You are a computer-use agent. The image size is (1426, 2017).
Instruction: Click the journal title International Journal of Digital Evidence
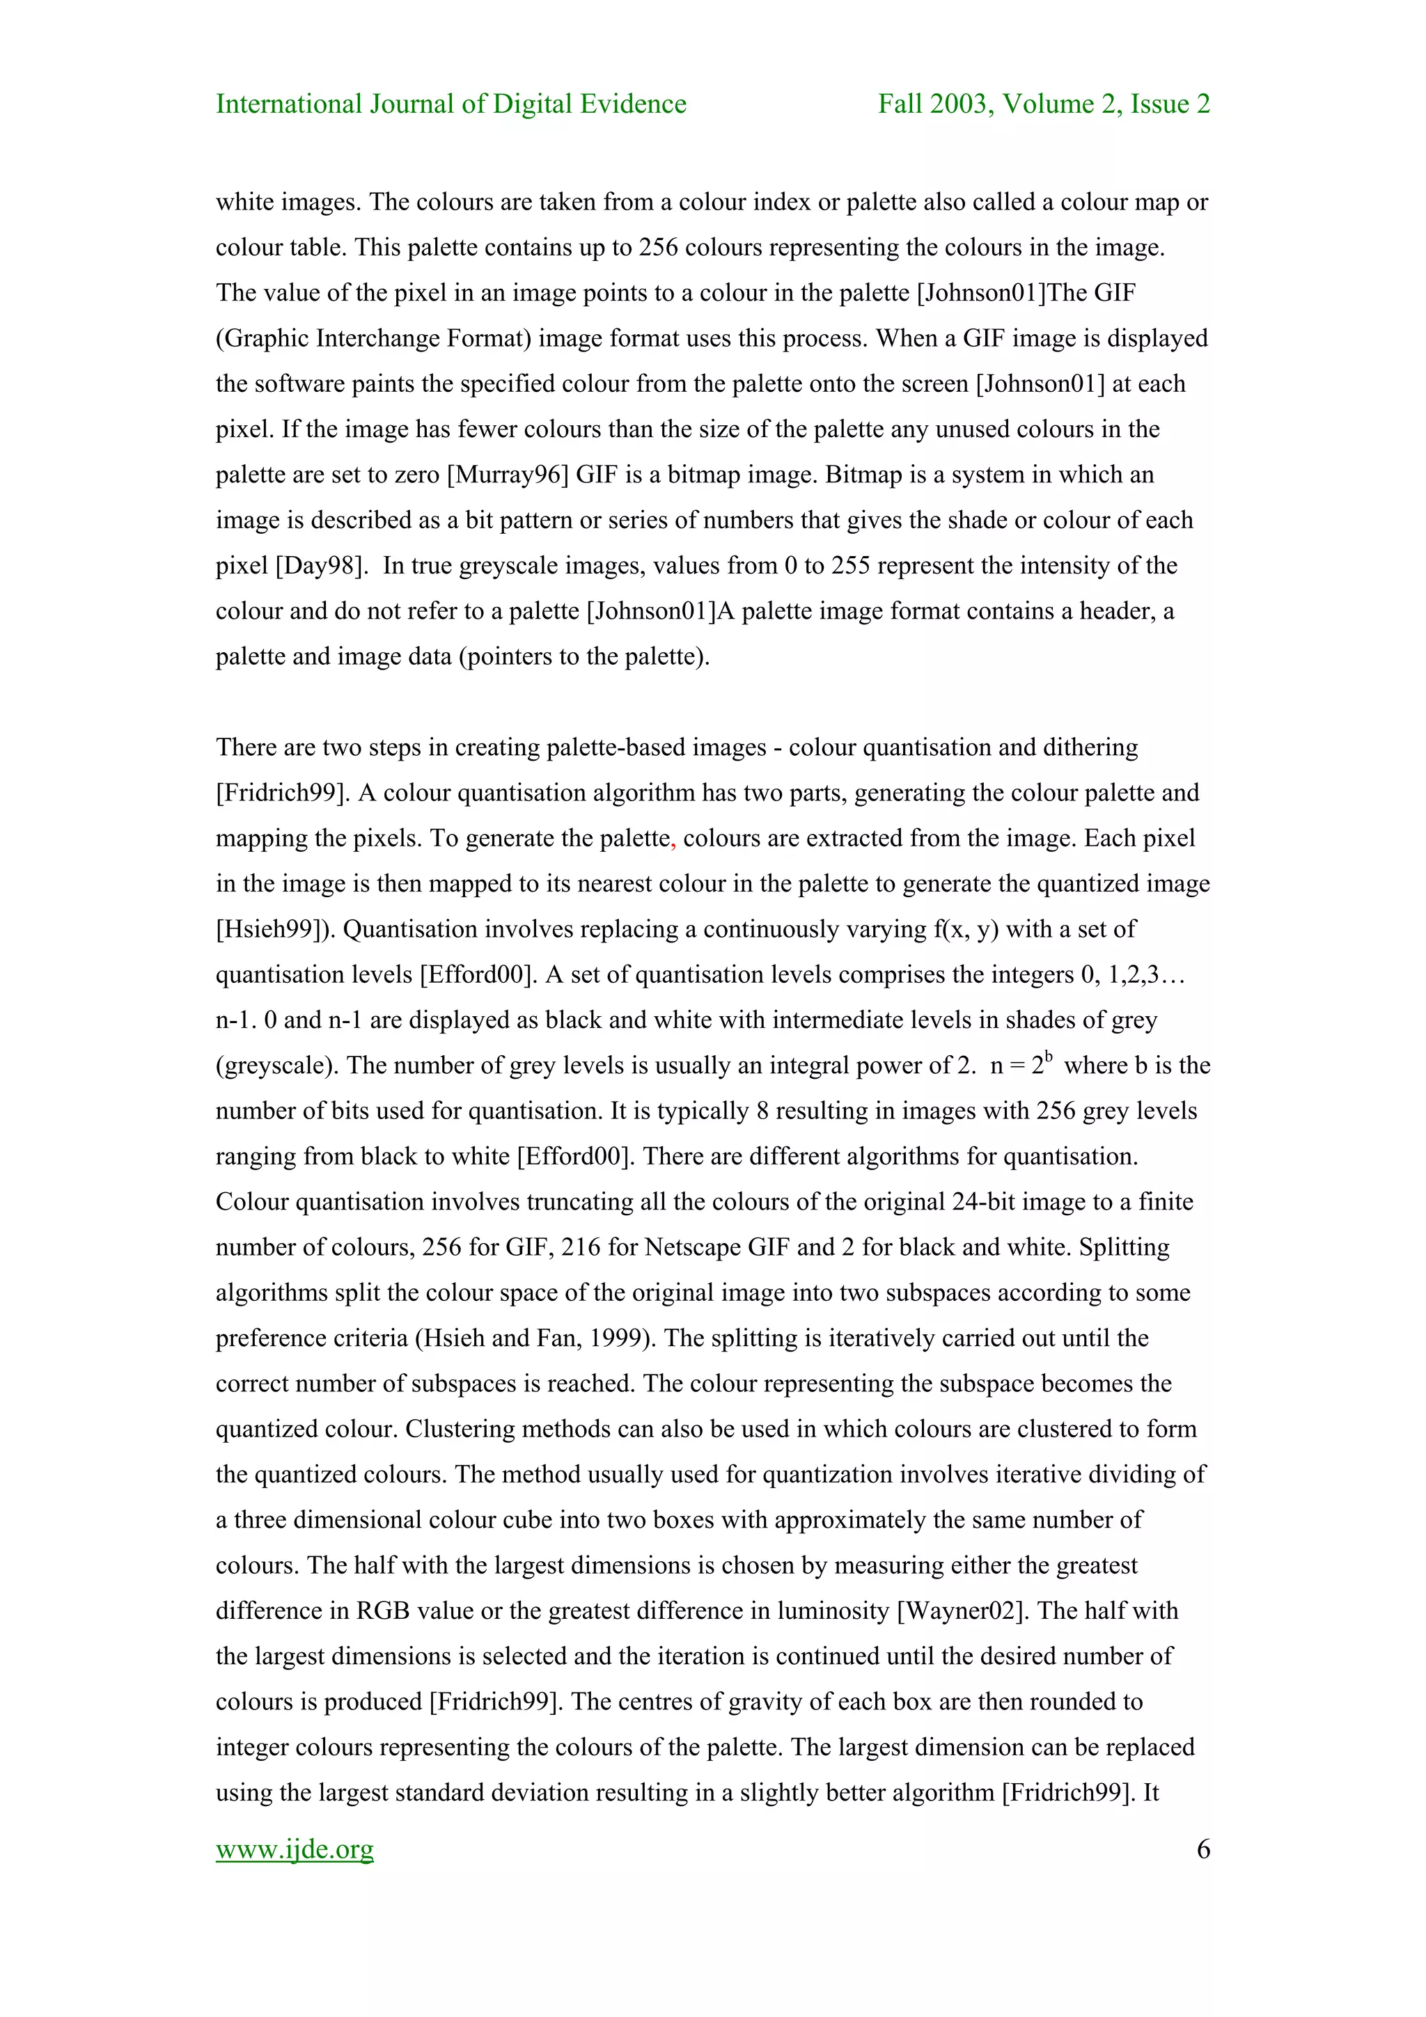click(450, 104)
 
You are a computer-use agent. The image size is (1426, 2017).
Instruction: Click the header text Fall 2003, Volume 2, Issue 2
click(1044, 104)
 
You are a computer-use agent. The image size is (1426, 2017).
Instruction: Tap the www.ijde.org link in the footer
click(295, 1849)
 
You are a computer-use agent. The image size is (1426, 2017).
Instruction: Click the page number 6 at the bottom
click(1202, 1849)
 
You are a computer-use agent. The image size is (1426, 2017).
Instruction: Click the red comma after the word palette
click(673, 841)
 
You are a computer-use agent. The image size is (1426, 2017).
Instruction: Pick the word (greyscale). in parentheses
click(278, 1066)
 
